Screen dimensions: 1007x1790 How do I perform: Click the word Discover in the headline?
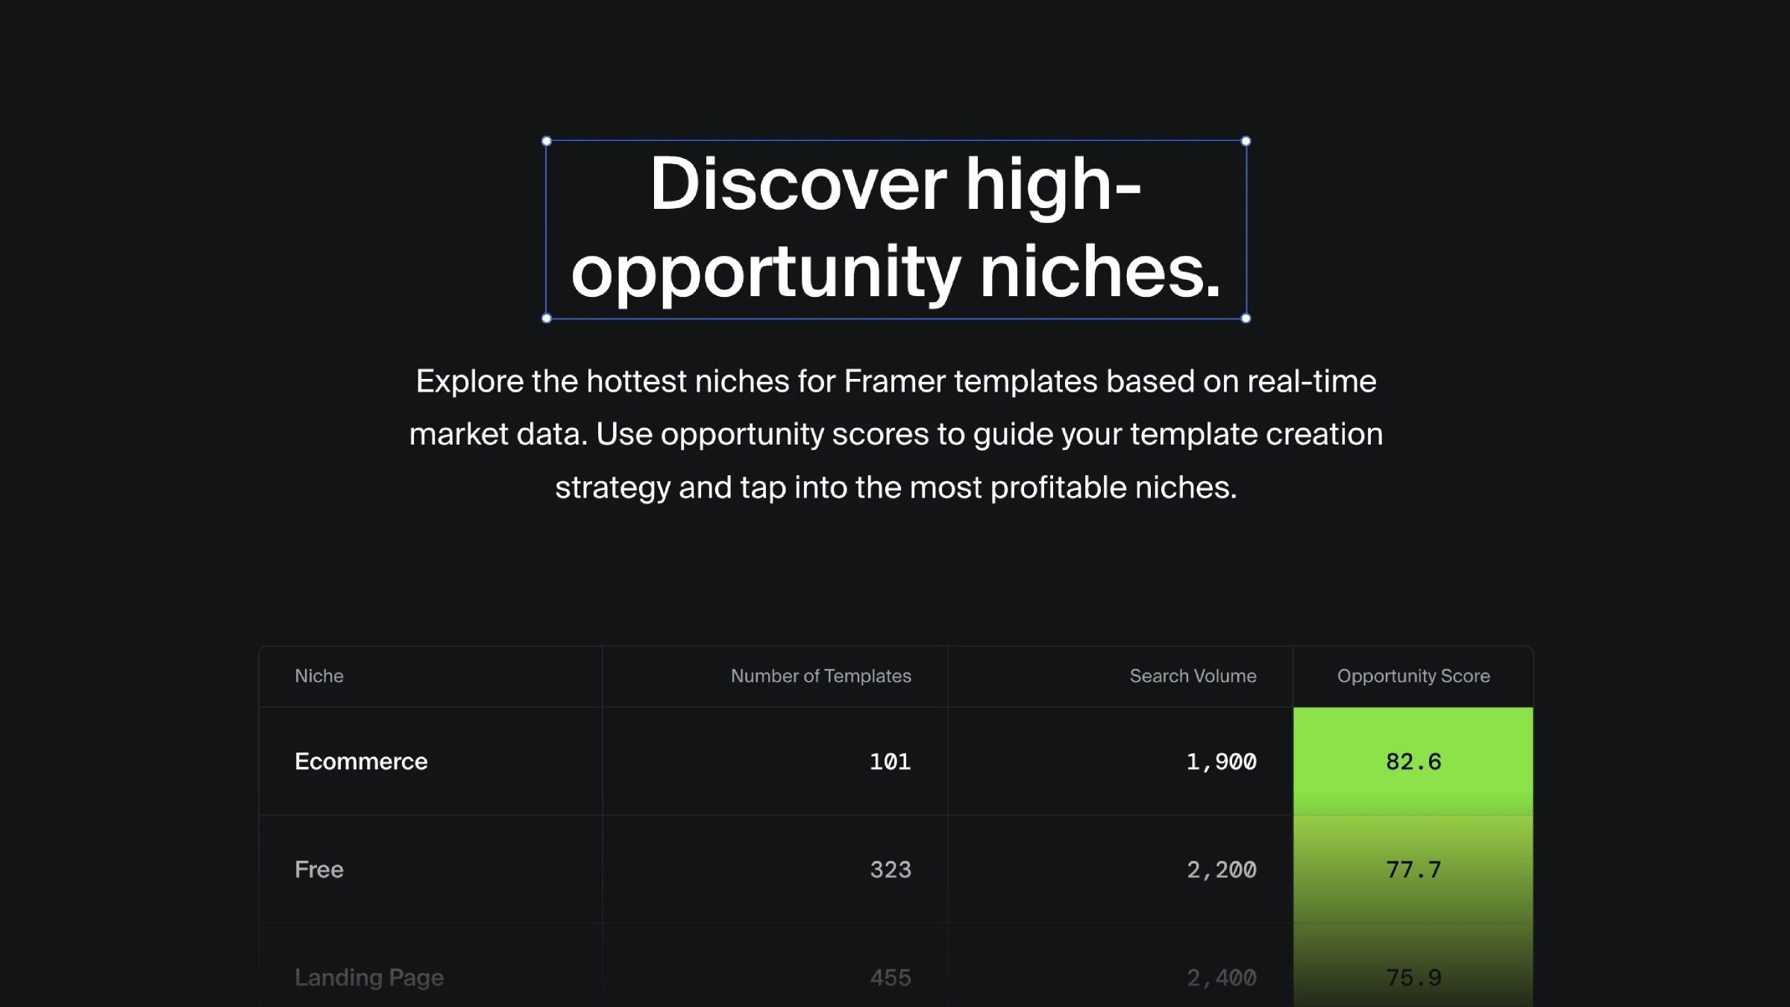(x=797, y=184)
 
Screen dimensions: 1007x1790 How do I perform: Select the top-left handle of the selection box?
(x=547, y=141)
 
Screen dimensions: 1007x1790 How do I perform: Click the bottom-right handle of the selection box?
(x=1246, y=319)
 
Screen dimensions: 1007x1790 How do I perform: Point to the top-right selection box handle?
(x=1246, y=141)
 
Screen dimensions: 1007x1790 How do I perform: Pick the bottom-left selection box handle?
(x=547, y=319)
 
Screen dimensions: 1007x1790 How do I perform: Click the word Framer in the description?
(x=894, y=381)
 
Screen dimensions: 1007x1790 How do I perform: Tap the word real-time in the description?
(x=1311, y=381)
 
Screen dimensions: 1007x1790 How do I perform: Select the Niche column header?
(x=319, y=676)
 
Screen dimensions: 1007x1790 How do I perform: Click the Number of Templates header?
(x=820, y=676)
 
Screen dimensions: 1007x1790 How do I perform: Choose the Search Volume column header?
(x=1193, y=676)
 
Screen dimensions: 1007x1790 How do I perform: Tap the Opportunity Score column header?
(x=1413, y=676)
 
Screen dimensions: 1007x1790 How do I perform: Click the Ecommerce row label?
(x=361, y=762)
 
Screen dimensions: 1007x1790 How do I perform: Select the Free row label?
(x=319, y=870)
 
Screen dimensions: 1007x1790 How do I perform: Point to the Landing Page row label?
(x=369, y=977)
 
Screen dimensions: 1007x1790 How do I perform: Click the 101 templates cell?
(x=890, y=762)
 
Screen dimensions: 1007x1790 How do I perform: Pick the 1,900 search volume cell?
(x=1221, y=762)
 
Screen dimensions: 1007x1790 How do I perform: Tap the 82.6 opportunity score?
(x=1413, y=762)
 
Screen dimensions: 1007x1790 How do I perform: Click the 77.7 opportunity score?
(x=1413, y=870)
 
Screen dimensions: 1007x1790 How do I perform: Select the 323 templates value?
(x=890, y=870)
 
